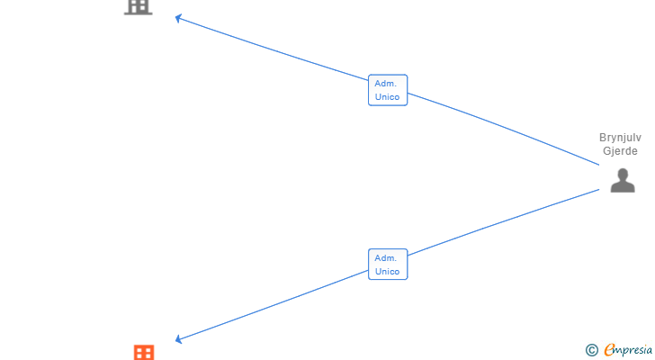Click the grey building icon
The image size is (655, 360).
138,6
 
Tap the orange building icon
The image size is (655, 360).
144,352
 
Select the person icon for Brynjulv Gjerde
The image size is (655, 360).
623,181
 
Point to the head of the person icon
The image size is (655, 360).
623,174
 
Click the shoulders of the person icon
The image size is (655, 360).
623,187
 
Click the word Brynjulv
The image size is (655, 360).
621,138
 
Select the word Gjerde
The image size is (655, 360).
621,151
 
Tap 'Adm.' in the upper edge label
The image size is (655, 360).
386,83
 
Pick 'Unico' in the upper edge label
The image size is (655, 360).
388,96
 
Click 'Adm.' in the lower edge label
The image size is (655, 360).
386,257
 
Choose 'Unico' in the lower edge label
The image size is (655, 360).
388,271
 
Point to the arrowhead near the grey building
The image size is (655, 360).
178,17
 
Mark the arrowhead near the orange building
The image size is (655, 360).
178,338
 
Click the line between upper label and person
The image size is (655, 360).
504,128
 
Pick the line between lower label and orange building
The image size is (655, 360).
270,304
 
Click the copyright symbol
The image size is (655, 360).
591,350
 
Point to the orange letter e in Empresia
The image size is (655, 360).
610,350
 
